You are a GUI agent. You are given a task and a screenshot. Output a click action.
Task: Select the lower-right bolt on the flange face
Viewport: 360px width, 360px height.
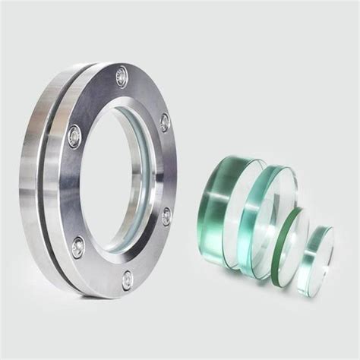[x=166, y=216]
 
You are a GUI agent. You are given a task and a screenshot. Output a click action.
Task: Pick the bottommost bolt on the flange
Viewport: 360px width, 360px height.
[x=126, y=279]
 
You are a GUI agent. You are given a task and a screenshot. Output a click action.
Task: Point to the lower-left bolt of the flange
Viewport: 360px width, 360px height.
[x=77, y=245]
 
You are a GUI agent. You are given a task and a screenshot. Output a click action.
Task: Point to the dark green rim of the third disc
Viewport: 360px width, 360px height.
[x=279, y=247]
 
